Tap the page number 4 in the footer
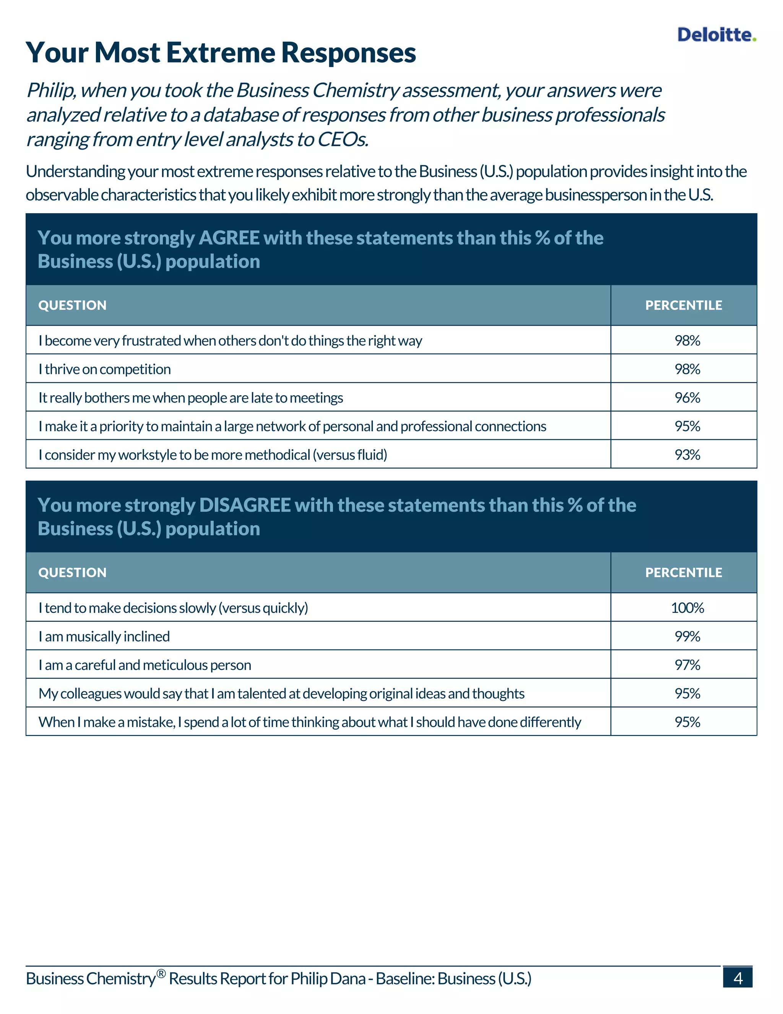[x=738, y=978]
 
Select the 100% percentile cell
[x=687, y=608]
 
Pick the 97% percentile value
[x=687, y=665]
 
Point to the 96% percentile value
[x=687, y=398]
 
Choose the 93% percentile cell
[x=687, y=455]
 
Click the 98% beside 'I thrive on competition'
[x=687, y=370]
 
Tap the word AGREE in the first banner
[x=229, y=238]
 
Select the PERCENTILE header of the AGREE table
[x=683, y=305]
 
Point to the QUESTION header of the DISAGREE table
[x=72, y=572]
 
